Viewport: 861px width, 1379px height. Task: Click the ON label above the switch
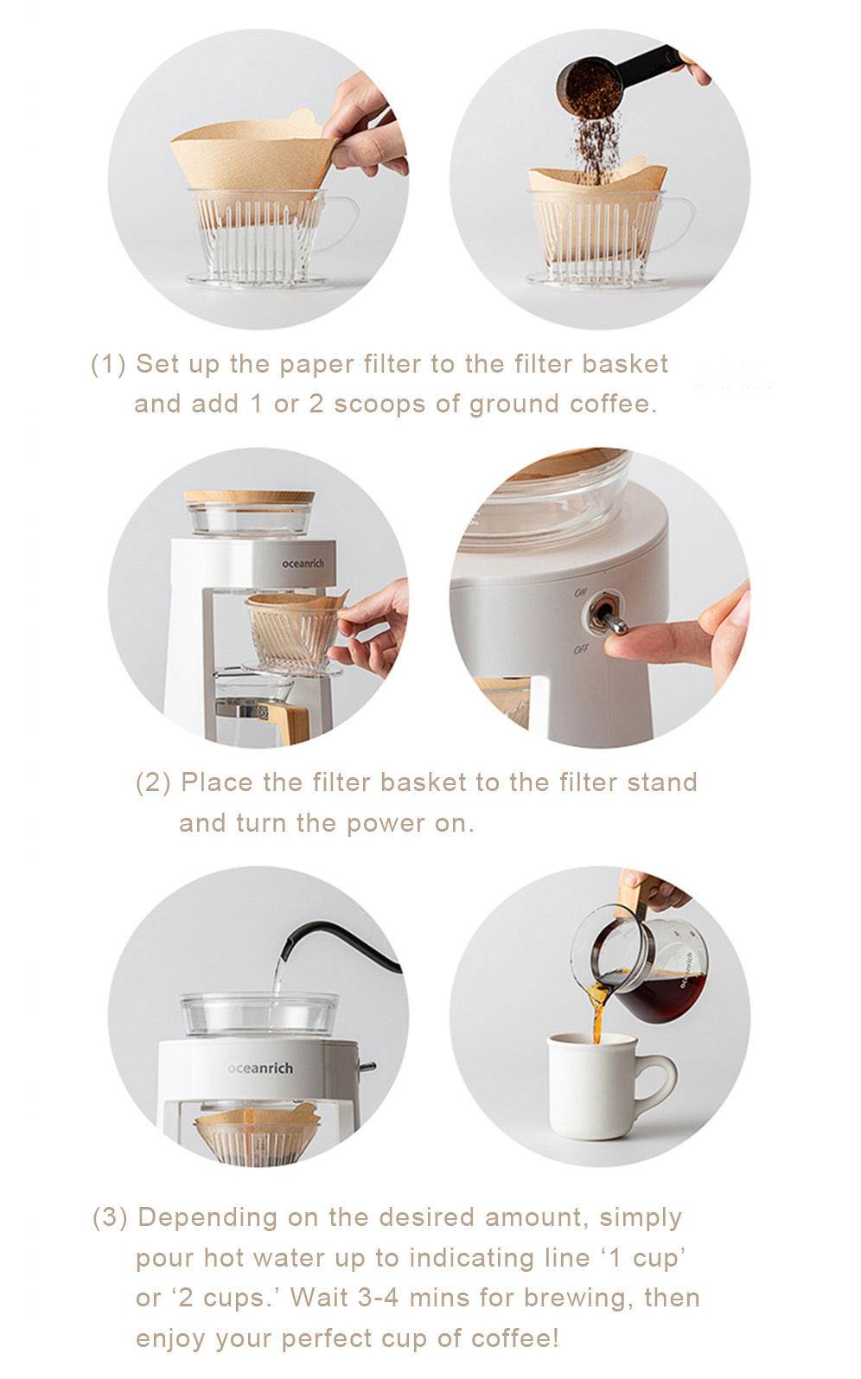click(x=580, y=592)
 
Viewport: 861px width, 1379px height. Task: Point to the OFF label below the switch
click(x=580, y=648)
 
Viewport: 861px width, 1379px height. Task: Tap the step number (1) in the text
click(x=108, y=364)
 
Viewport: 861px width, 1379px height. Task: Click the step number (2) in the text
click(x=153, y=783)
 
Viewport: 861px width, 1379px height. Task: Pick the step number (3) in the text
click(x=110, y=1217)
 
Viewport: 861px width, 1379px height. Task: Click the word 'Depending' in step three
click(x=207, y=1218)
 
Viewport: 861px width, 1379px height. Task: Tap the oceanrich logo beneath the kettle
click(x=260, y=1068)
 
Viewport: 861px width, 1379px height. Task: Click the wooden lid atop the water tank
click(x=249, y=497)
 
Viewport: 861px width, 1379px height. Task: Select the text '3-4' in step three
click(x=378, y=1298)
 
